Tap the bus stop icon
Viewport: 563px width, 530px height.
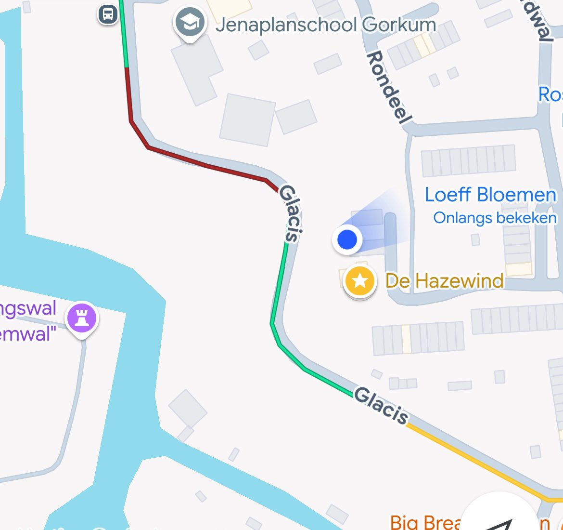pyautogui.click(x=108, y=14)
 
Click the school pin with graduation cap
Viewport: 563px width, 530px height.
pyautogui.click(x=190, y=23)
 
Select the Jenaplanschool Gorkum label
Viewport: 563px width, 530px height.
pyautogui.click(x=326, y=25)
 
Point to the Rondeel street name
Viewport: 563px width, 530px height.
pyautogui.click(x=389, y=87)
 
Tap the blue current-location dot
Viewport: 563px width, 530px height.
pyautogui.click(x=347, y=239)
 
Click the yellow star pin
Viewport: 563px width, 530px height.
pyautogui.click(x=359, y=281)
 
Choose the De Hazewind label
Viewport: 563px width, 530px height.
pyautogui.click(x=444, y=281)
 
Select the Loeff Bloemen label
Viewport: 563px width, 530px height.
pyautogui.click(x=490, y=195)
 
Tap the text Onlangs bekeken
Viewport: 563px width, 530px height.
pyautogui.click(x=495, y=218)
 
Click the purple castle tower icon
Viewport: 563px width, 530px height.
pyautogui.click(x=82, y=318)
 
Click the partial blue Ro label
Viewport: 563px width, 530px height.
pyautogui.click(x=550, y=95)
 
